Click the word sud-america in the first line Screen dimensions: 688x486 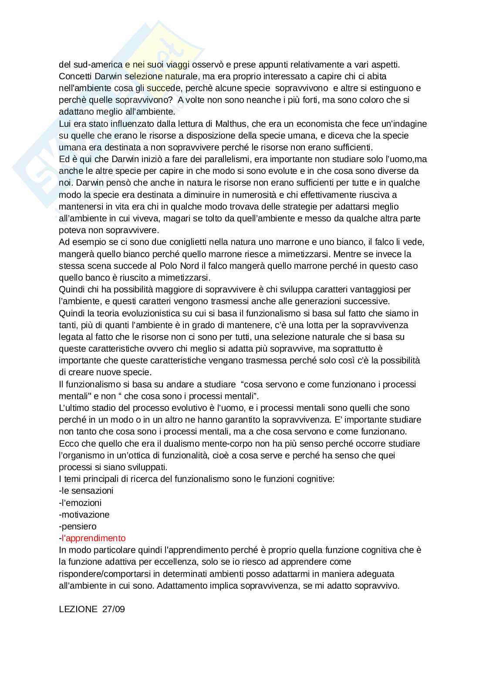(96, 64)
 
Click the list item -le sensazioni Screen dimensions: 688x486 (86, 491)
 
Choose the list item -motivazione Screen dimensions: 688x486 (84, 515)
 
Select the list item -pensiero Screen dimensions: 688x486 (78, 526)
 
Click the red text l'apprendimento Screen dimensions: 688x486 (93, 538)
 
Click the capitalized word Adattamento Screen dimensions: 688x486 (181, 586)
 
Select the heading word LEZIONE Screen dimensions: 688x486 (78, 609)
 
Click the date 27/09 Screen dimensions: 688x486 (114, 609)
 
